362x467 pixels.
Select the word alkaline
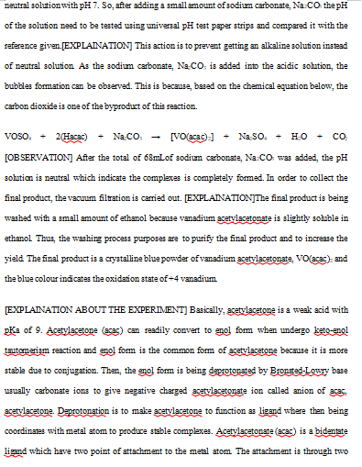(299, 42)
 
